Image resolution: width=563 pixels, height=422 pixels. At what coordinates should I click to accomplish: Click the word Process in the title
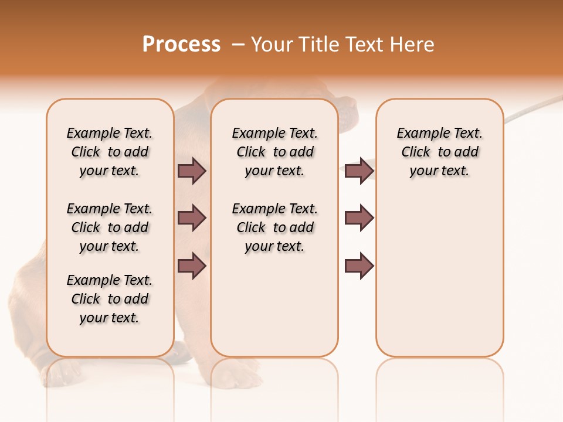(181, 45)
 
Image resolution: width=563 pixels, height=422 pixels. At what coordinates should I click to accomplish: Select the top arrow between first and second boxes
(192, 171)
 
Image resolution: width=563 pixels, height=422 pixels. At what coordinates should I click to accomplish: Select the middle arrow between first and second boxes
(192, 218)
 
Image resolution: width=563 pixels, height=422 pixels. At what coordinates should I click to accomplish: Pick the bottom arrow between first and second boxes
(192, 266)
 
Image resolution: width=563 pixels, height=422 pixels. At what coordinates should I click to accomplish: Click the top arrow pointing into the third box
(359, 171)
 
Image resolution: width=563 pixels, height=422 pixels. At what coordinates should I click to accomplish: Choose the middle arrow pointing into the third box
(359, 218)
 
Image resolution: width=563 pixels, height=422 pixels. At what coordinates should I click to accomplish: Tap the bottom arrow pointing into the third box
(359, 266)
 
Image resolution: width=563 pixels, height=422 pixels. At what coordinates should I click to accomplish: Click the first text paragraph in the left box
(110, 152)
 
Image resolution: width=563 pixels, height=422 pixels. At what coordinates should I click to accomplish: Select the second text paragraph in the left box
(110, 227)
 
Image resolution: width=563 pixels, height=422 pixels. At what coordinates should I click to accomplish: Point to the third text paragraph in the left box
(110, 299)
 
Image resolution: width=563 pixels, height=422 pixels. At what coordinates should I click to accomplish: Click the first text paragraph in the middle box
(274, 152)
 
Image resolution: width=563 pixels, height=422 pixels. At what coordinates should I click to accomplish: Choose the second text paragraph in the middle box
(274, 227)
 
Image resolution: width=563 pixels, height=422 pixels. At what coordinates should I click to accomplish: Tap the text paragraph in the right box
(439, 152)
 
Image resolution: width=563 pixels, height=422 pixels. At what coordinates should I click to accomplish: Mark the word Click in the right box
(416, 152)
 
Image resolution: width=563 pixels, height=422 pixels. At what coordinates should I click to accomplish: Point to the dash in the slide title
(238, 45)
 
